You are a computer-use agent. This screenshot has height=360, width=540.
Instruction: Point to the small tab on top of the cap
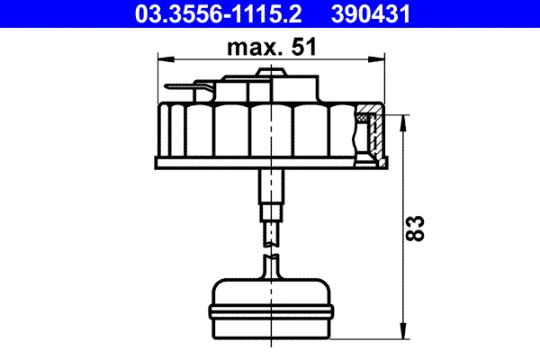tap(269, 72)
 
